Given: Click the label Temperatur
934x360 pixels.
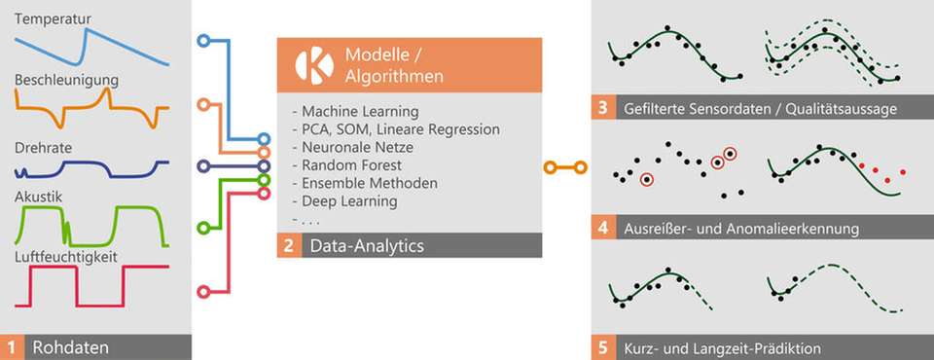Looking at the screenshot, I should tap(54, 18).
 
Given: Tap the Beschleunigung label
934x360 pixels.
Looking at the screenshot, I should tap(65, 78).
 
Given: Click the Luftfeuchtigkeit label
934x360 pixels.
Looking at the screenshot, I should tap(66, 256).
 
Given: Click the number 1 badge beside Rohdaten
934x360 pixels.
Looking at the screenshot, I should tap(13, 346).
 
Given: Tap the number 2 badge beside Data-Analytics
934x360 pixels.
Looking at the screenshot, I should tap(289, 246).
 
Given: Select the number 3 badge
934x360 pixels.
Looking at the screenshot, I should tap(602, 109).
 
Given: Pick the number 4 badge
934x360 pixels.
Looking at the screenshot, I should tap(602, 230).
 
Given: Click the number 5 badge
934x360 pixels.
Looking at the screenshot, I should tap(602, 347).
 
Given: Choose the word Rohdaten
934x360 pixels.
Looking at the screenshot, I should tap(68, 346).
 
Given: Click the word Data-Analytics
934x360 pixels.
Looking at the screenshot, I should tap(367, 246).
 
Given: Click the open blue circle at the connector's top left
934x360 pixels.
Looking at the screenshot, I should tap(202, 41).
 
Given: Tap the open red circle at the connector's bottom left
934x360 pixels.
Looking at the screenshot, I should tap(202, 290).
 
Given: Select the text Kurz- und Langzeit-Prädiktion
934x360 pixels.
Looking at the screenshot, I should tap(723, 347).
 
